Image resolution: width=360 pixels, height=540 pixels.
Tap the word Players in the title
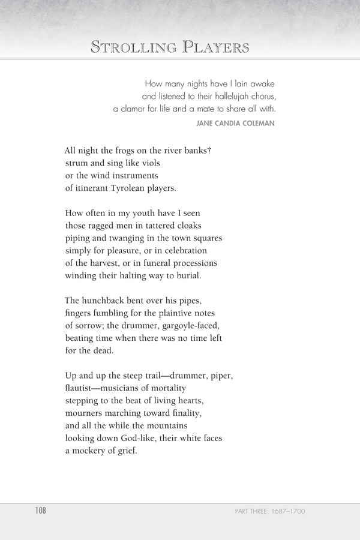(213, 47)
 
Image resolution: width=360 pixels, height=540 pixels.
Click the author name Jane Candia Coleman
(235, 124)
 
